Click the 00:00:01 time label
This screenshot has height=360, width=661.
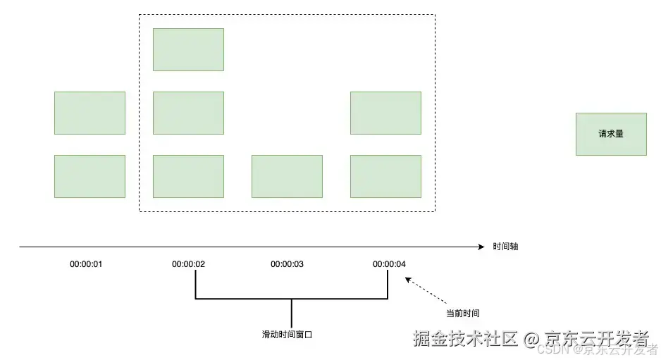click(x=86, y=264)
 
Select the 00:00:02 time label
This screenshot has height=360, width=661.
click(x=188, y=264)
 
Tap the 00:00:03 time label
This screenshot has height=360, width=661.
click(x=287, y=264)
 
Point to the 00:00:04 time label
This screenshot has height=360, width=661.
click(x=389, y=264)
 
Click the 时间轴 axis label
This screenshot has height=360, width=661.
click(x=505, y=247)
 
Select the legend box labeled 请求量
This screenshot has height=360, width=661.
click(x=610, y=134)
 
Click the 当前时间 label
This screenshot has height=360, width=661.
click(x=463, y=313)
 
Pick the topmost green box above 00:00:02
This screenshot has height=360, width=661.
click(x=188, y=49)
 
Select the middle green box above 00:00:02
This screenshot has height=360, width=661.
click(x=188, y=113)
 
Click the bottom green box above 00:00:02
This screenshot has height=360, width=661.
click(x=188, y=176)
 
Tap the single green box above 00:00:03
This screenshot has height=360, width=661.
click(x=287, y=176)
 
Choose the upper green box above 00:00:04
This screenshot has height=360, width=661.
click(x=385, y=113)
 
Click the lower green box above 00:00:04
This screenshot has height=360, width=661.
click(x=385, y=176)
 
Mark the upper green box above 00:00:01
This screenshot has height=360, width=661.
click(x=89, y=113)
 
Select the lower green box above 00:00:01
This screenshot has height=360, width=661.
click(x=89, y=176)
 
